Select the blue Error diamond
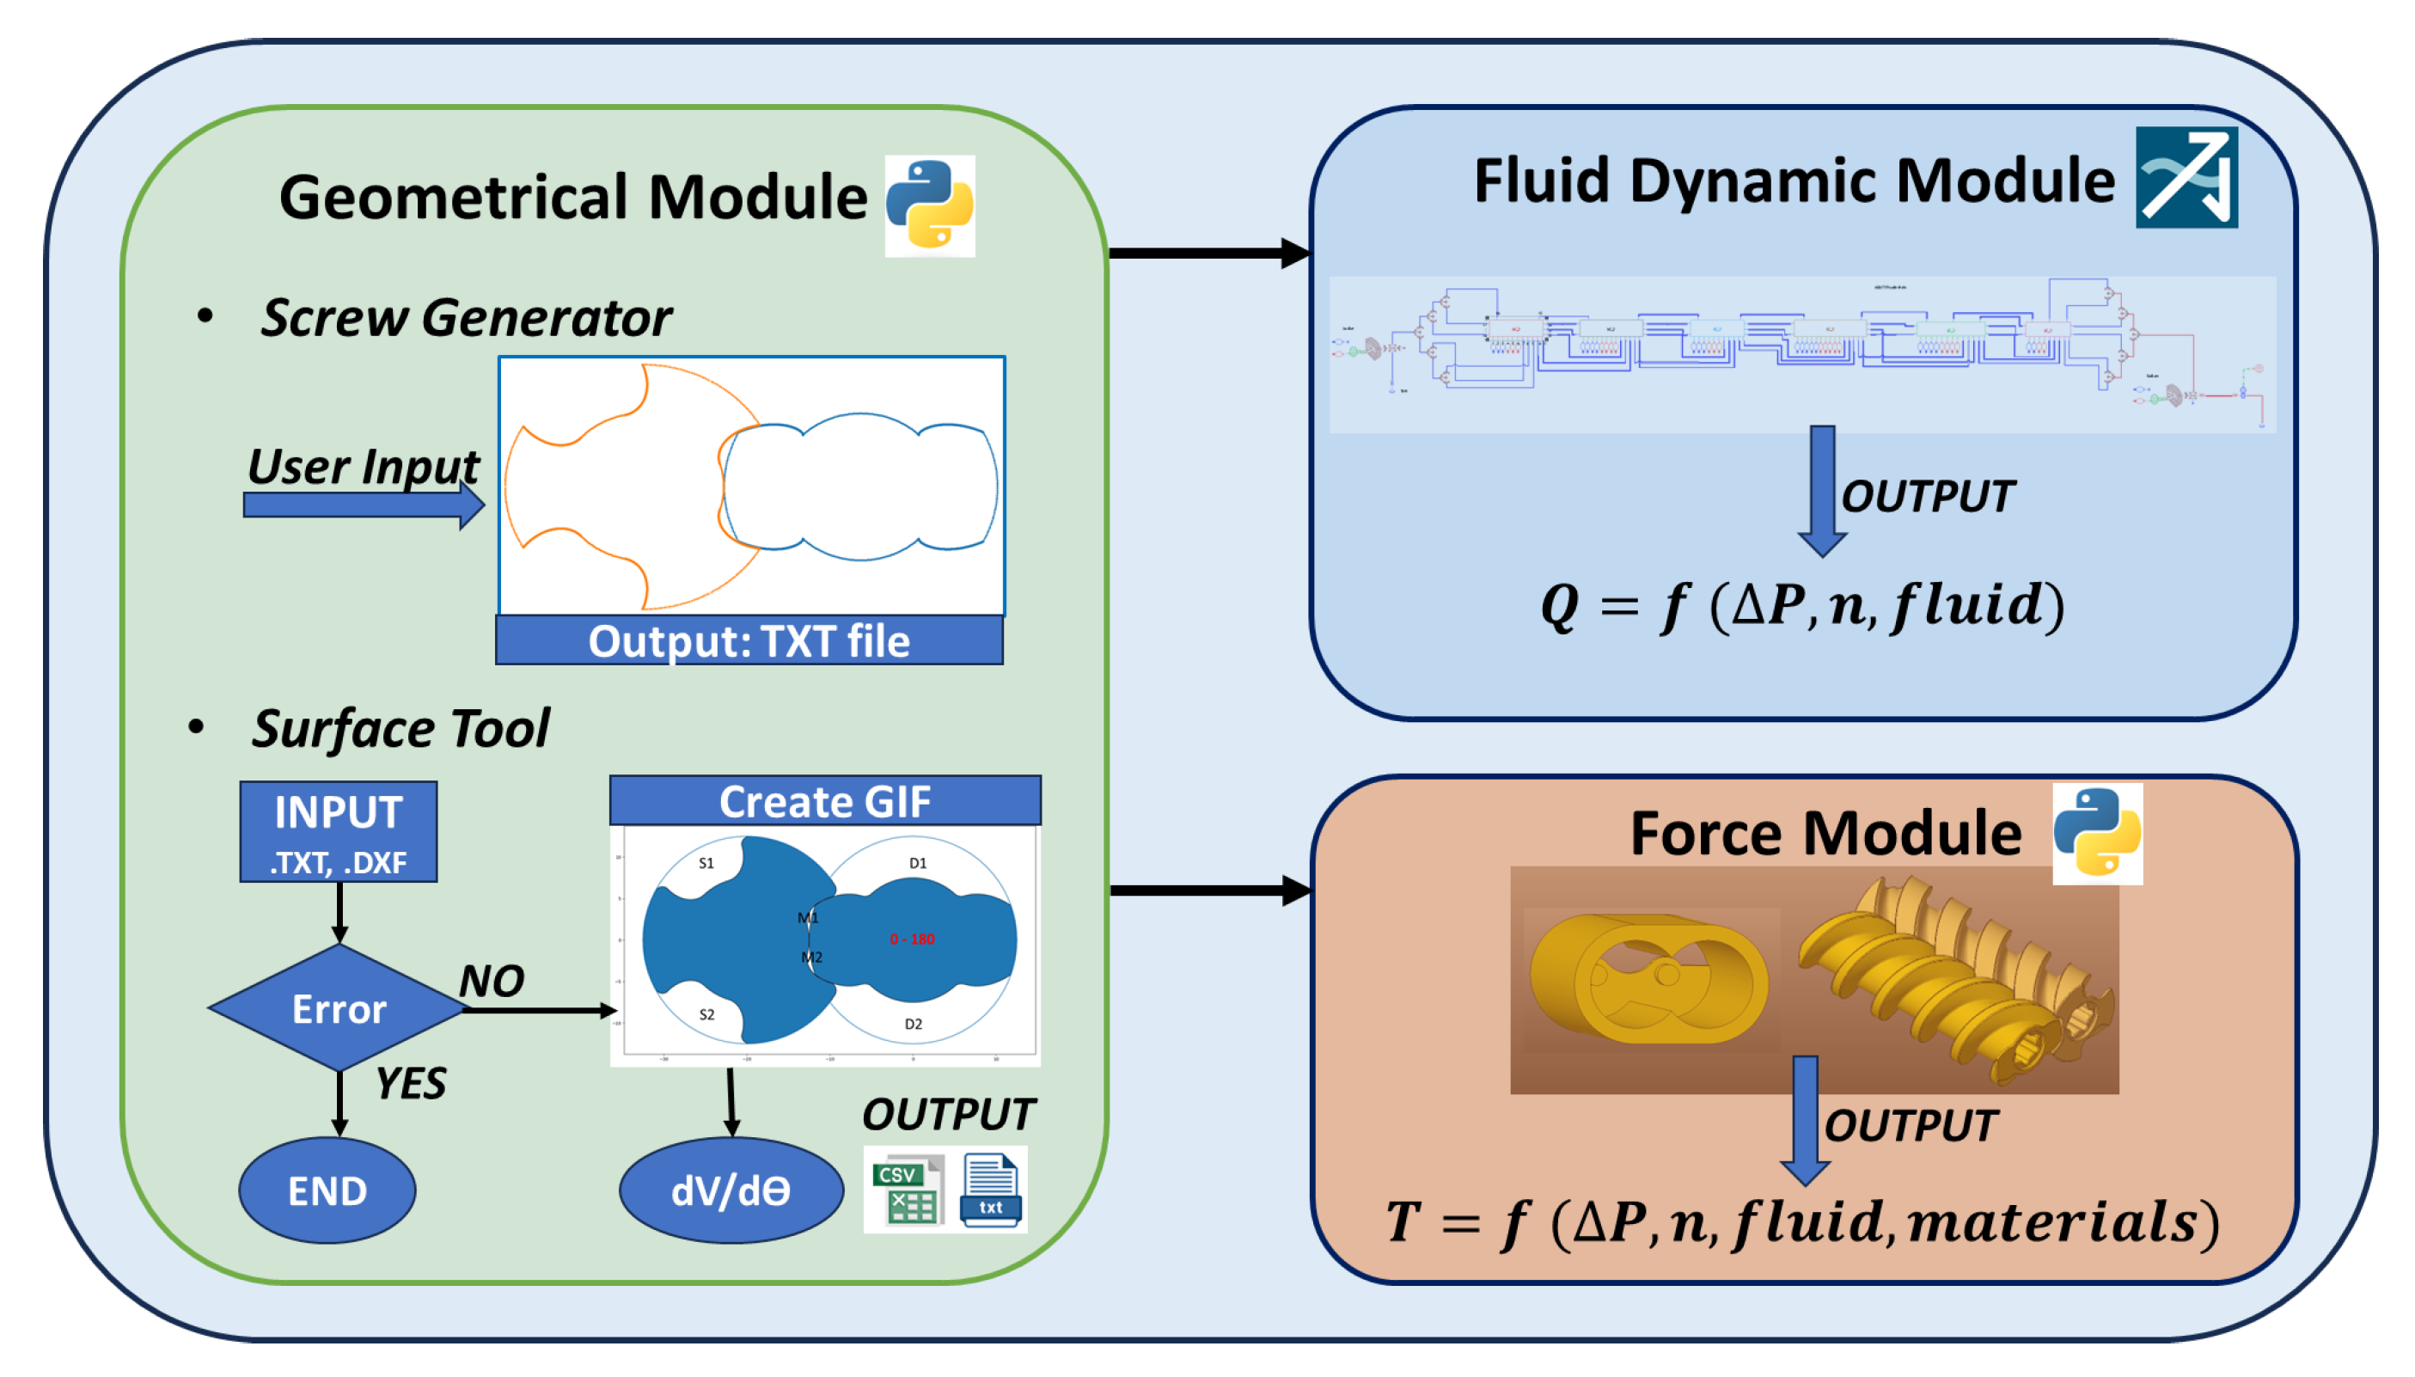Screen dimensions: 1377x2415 [338, 1008]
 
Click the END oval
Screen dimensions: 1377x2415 [327, 1190]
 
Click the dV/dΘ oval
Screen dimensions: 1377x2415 [730, 1190]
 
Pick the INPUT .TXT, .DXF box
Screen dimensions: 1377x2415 [338, 831]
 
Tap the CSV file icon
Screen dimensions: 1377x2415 [906, 1190]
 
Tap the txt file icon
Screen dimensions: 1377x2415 [989, 1190]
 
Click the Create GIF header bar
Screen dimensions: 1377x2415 [824, 801]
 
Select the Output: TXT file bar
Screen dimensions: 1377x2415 [748, 640]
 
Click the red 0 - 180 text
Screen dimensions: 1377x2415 [911, 939]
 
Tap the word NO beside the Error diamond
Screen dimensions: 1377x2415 [491, 981]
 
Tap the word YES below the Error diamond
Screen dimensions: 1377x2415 [409, 1083]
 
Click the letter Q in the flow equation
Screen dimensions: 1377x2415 [1558, 605]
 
